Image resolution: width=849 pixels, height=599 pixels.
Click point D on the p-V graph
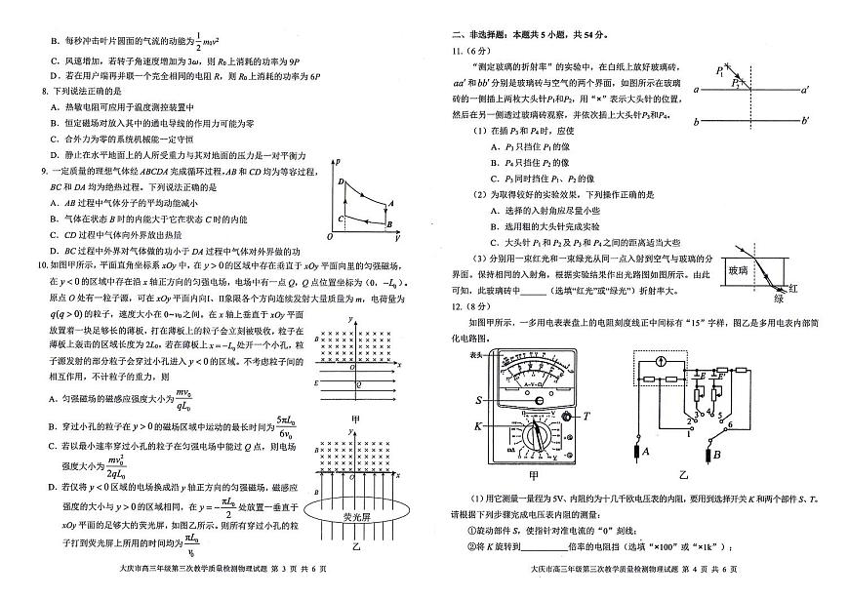point(341,181)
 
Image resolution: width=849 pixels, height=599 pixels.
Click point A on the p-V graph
point(389,203)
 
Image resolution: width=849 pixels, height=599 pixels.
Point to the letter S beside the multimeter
point(479,400)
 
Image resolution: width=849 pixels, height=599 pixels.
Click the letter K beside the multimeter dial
point(479,426)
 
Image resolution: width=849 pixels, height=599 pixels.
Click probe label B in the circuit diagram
point(717,454)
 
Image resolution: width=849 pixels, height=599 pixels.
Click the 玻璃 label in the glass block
point(738,271)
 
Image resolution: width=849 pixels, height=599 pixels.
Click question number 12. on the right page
point(455,306)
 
